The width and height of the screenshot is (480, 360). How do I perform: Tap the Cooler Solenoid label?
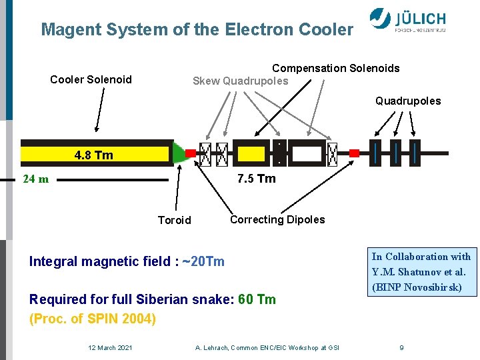tap(91, 80)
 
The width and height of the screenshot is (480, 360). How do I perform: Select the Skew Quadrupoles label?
tap(240, 81)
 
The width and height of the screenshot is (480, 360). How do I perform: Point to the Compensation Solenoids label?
tap(335, 68)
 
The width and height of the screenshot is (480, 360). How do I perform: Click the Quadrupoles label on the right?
tap(407, 101)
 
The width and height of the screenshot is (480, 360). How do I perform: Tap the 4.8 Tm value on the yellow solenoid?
tap(94, 155)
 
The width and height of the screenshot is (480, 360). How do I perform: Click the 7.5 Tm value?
tap(256, 179)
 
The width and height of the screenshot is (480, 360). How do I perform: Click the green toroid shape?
tap(178, 153)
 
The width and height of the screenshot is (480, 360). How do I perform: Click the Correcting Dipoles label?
tap(277, 220)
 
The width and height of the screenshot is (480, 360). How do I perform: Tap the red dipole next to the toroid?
tap(191, 153)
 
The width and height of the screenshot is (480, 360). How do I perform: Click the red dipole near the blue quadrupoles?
tap(354, 153)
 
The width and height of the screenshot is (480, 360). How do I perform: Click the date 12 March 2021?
tap(110, 347)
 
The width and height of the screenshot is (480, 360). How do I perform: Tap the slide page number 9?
tap(401, 347)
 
